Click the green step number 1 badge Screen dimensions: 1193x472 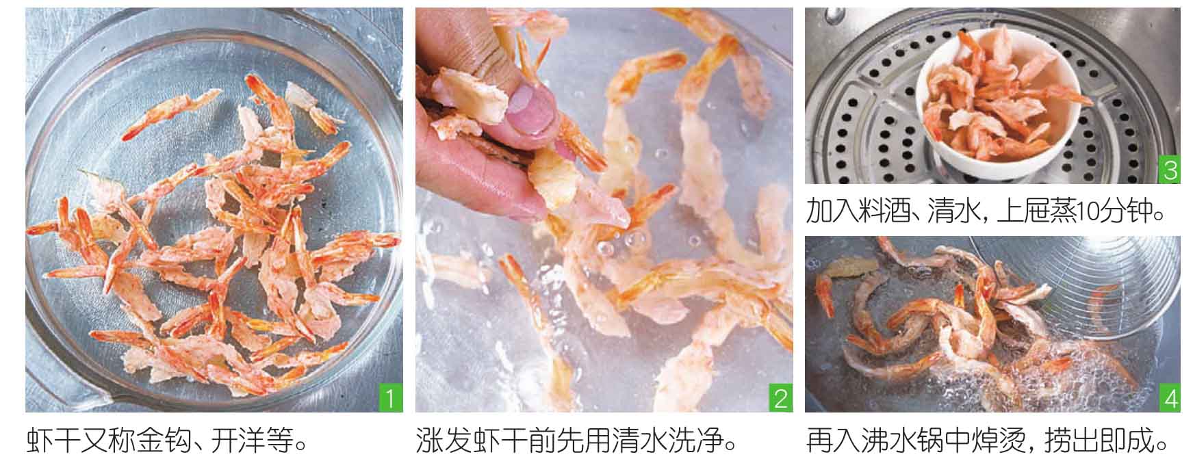tap(389, 397)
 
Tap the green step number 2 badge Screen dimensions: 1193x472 tap(780, 397)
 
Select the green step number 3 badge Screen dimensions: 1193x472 tap(1170, 170)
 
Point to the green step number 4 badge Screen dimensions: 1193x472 tap(1170, 398)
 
